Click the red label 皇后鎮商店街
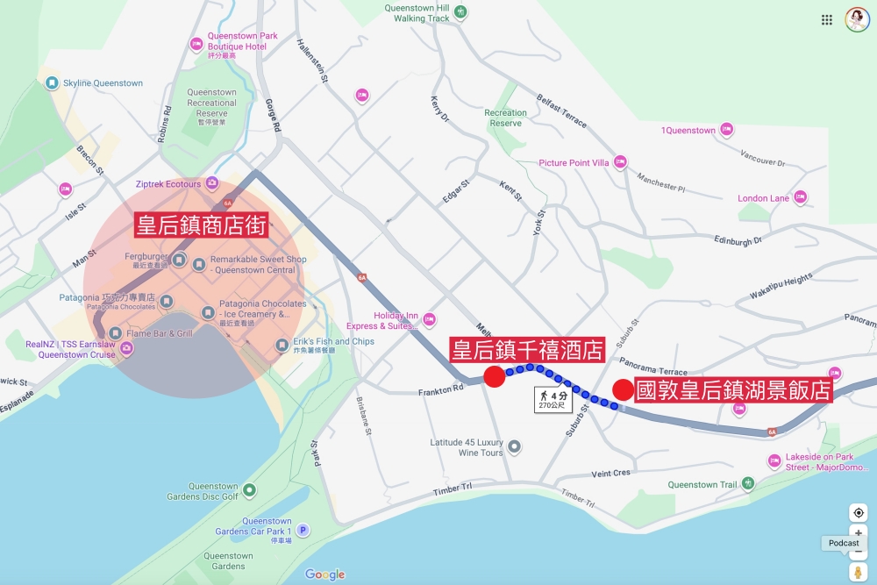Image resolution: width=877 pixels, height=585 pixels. [201, 225]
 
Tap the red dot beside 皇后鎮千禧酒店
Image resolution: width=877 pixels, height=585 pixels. [495, 377]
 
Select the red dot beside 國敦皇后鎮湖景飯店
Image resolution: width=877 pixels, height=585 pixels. [623, 389]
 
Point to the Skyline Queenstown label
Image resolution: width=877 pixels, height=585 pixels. [103, 83]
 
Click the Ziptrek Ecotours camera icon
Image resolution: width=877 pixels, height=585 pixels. [212, 184]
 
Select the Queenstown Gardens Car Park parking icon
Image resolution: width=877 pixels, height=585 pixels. [303, 530]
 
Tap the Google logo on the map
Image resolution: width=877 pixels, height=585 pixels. [324, 574]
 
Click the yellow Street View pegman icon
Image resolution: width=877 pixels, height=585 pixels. [858, 573]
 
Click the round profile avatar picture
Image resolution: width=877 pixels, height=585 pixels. [857, 19]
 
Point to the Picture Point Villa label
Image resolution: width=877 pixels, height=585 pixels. [574, 163]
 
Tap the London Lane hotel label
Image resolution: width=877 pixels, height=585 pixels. [763, 198]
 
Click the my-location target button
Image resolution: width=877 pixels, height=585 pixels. [858, 513]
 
